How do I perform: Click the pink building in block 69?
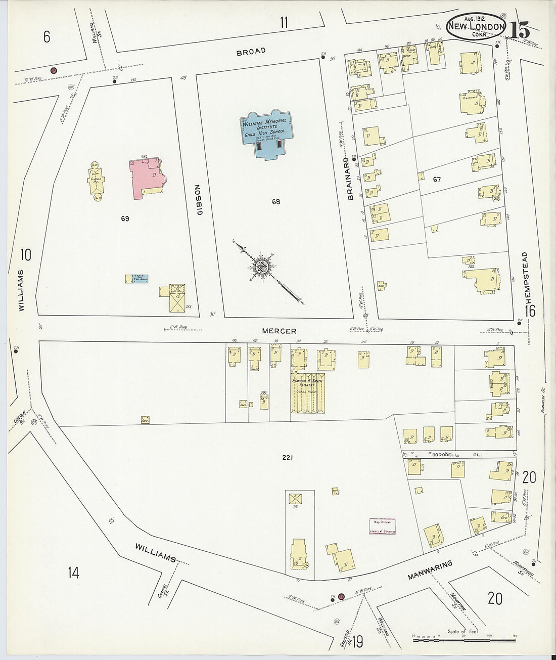(x=147, y=177)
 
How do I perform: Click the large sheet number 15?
(x=520, y=30)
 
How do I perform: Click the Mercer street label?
(x=279, y=331)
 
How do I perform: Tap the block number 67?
(x=437, y=180)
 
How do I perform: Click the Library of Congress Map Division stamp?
(x=382, y=526)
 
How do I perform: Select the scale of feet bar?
(x=466, y=640)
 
